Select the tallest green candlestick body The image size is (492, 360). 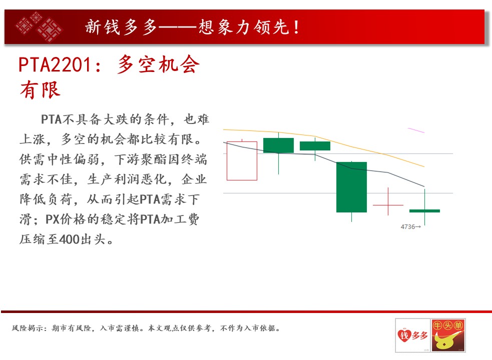coord(351,187)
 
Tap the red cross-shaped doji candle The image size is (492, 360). coord(388,205)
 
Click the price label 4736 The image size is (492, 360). coord(407,226)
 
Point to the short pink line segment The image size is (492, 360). coord(416,130)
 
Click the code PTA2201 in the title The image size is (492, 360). coord(55,65)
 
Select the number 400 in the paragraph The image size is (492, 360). coord(69,239)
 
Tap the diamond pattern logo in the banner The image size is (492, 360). coord(39,27)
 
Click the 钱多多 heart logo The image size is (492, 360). coord(412,335)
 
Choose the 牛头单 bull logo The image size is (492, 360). coord(448,335)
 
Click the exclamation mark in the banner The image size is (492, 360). coord(296,27)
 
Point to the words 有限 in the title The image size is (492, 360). coord(40,90)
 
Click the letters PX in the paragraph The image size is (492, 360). coord(52,219)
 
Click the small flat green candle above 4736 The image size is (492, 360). coord(424,210)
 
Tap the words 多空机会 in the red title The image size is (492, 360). coord(159,64)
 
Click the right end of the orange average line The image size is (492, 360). coord(424,166)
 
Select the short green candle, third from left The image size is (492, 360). coord(315,146)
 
